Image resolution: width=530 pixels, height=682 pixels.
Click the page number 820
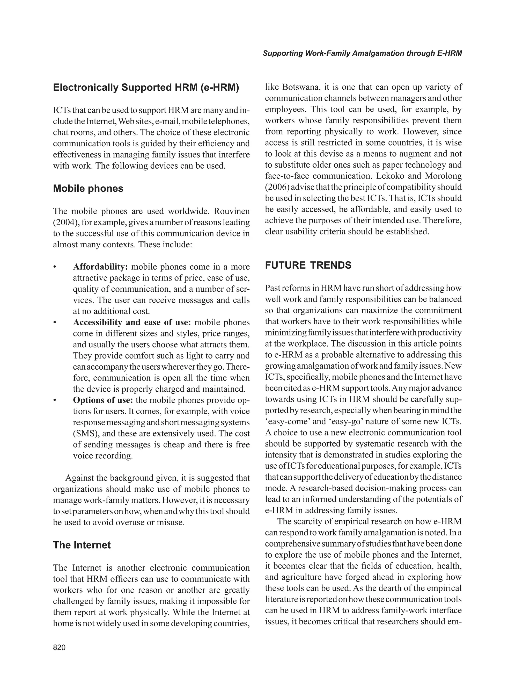[x=59, y=647]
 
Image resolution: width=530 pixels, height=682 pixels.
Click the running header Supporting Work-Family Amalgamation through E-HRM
[x=362, y=53]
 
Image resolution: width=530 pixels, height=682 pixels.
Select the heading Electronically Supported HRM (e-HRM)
[x=146, y=88]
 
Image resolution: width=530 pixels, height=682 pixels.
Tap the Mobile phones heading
[x=88, y=188]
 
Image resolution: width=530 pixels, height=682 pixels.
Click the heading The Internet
[x=82, y=545]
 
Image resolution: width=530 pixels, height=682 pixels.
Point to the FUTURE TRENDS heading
[x=308, y=265]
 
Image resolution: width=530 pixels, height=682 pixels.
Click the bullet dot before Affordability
[x=55, y=267]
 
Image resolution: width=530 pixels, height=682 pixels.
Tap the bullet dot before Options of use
[x=55, y=401]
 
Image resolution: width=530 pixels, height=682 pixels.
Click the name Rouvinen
[x=231, y=211]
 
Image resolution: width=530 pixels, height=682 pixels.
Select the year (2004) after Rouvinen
[x=64, y=222]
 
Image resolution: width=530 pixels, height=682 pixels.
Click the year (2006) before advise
[x=277, y=187]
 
